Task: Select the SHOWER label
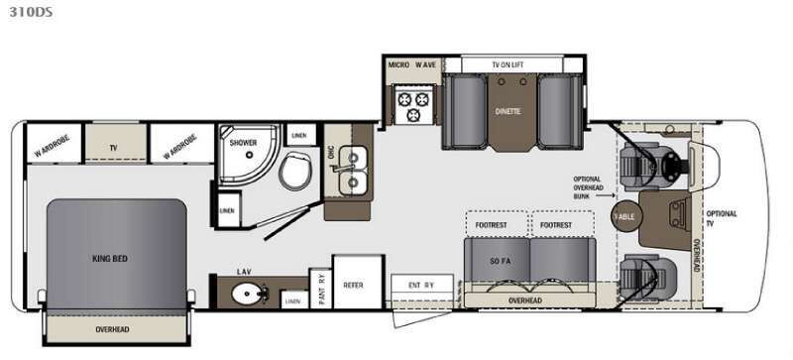(244, 143)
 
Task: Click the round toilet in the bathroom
(294, 172)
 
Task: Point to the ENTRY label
(422, 285)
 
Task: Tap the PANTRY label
(321, 289)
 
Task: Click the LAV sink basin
(244, 296)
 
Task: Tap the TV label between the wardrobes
(114, 148)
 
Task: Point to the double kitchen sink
(349, 171)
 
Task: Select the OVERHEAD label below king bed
(114, 329)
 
